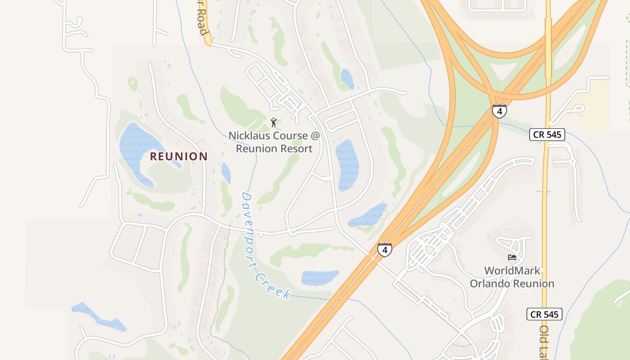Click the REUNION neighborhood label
click(179, 157)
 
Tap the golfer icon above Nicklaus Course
click(274, 122)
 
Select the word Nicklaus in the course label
click(249, 135)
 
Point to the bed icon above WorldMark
click(512, 257)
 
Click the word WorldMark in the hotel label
click(512, 270)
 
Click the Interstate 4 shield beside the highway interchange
click(499, 111)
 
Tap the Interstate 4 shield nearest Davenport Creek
click(384, 250)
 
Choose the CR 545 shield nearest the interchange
click(547, 135)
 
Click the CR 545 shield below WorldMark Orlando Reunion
click(544, 314)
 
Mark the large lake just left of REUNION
click(135, 148)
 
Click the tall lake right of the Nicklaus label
click(347, 164)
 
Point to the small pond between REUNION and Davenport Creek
click(226, 173)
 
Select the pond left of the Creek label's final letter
click(319, 277)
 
